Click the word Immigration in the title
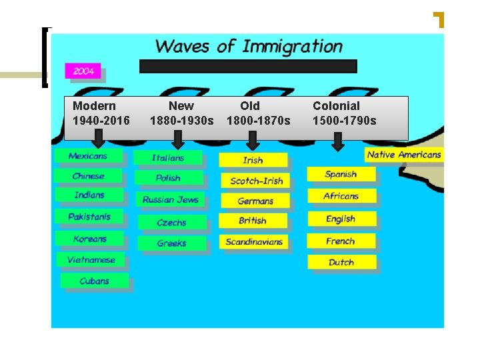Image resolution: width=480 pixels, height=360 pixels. click(292, 47)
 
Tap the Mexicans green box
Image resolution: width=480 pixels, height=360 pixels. click(88, 157)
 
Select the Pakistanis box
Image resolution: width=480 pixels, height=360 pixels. click(89, 217)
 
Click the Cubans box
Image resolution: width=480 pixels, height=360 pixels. click(94, 281)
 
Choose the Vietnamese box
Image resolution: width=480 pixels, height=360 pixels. click(91, 260)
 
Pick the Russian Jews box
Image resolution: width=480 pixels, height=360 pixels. click(171, 199)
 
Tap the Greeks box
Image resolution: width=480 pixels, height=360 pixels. click(171, 243)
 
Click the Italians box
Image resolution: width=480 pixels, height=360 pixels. click(167, 158)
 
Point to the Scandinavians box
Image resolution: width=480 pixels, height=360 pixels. click(253, 242)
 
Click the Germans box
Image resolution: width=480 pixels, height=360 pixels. click(255, 201)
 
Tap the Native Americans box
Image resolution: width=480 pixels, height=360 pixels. click(404, 155)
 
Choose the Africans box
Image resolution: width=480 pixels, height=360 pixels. click(341, 196)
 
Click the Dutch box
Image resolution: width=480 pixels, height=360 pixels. click(341, 262)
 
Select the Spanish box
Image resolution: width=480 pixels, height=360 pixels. click(341, 174)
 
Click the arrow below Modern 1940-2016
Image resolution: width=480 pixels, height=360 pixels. click(99, 139)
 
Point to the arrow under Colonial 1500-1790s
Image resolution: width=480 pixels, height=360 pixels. click(338, 141)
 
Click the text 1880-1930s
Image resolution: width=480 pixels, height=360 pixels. click(182, 121)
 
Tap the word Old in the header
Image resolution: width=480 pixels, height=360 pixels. click(250, 105)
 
